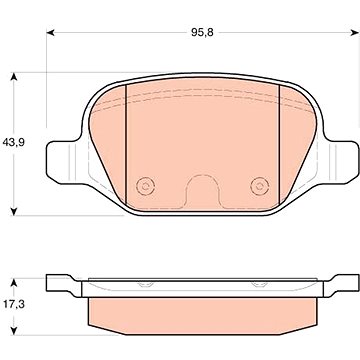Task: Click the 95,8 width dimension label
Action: (202, 32)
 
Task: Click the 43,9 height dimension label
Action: (14, 142)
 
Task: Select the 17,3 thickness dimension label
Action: (15, 303)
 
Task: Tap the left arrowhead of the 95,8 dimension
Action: (50, 32)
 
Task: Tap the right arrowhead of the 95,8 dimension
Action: (355, 32)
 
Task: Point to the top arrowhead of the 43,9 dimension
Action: (14, 76)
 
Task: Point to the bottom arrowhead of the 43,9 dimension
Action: (14, 212)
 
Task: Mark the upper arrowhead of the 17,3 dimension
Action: (14, 282)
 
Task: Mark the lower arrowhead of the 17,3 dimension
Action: (14, 331)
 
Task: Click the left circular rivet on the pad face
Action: (145, 186)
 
